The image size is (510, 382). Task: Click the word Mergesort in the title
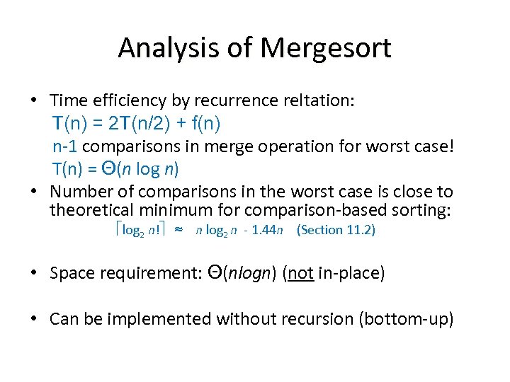tap(326, 49)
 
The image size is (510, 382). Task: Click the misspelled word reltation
tap(315, 101)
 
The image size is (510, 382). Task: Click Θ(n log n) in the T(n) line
tap(140, 170)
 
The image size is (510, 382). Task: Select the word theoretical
tap(93, 210)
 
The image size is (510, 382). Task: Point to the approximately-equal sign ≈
tap(179, 231)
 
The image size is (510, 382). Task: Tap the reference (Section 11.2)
tap(336, 231)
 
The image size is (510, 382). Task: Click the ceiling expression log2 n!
tap(141, 231)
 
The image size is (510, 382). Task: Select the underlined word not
tap(301, 274)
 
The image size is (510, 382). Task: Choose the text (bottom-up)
tap(406, 319)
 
